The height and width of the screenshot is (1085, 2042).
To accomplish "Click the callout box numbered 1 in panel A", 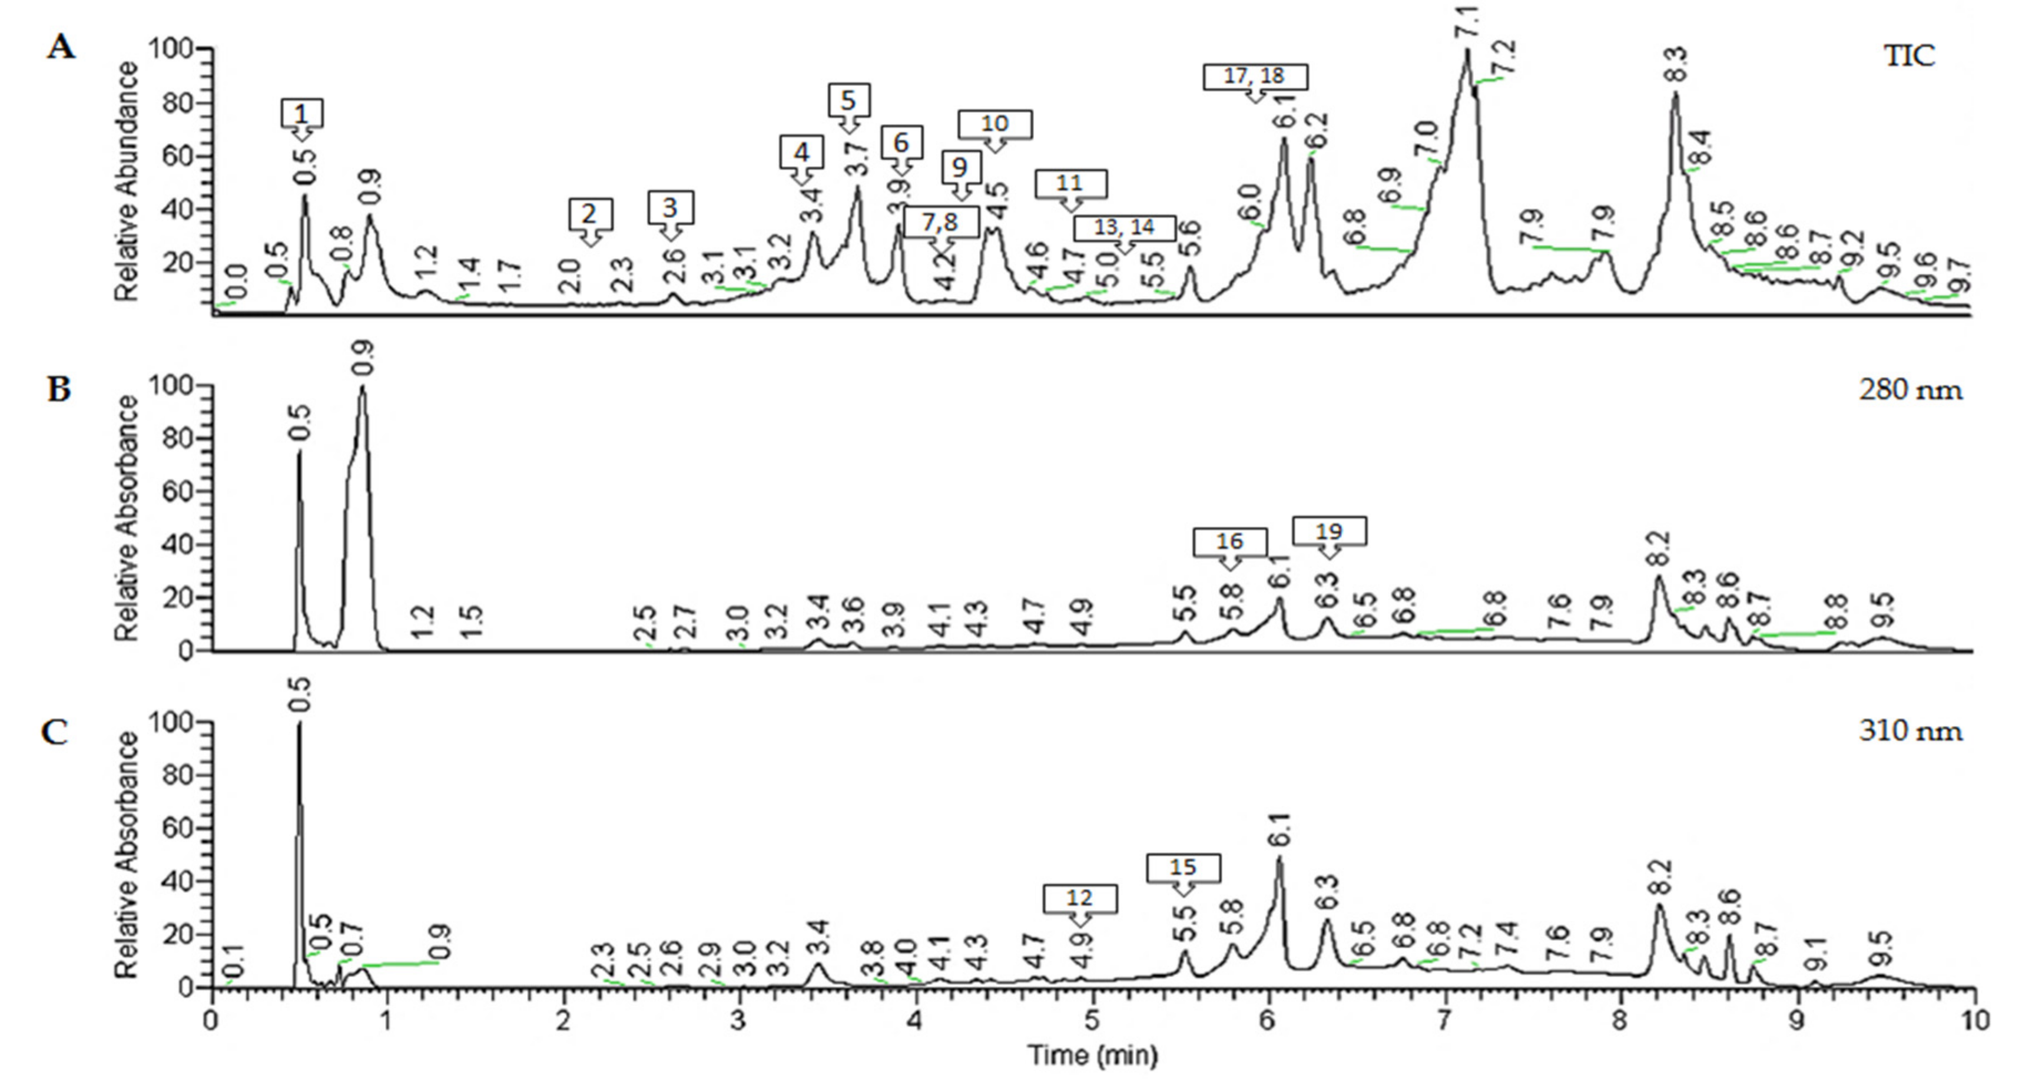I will tap(302, 114).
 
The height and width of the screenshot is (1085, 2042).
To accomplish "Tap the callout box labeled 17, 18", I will tap(1255, 76).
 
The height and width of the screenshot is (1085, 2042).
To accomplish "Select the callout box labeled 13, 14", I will tap(1124, 227).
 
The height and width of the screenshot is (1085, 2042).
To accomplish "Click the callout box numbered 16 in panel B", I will tap(1229, 542).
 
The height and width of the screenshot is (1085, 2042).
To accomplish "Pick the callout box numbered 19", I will tap(1330, 531).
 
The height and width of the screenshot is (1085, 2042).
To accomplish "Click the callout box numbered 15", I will tap(1184, 868).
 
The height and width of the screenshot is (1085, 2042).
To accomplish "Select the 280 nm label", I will tap(1911, 390).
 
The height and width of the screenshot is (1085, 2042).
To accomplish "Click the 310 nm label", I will tap(1911, 730).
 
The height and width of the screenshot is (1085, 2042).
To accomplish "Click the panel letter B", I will tap(59, 390).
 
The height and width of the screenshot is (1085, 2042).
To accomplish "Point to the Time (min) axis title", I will tap(1092, 1056).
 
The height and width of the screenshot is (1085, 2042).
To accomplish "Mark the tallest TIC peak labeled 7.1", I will tap(1467, 51).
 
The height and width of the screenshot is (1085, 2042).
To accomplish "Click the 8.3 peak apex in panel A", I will tap(1675, 94).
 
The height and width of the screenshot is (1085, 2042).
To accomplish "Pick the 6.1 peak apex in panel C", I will tap(1279, 858).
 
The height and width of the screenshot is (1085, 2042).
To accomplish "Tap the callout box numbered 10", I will tap(995, 124).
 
